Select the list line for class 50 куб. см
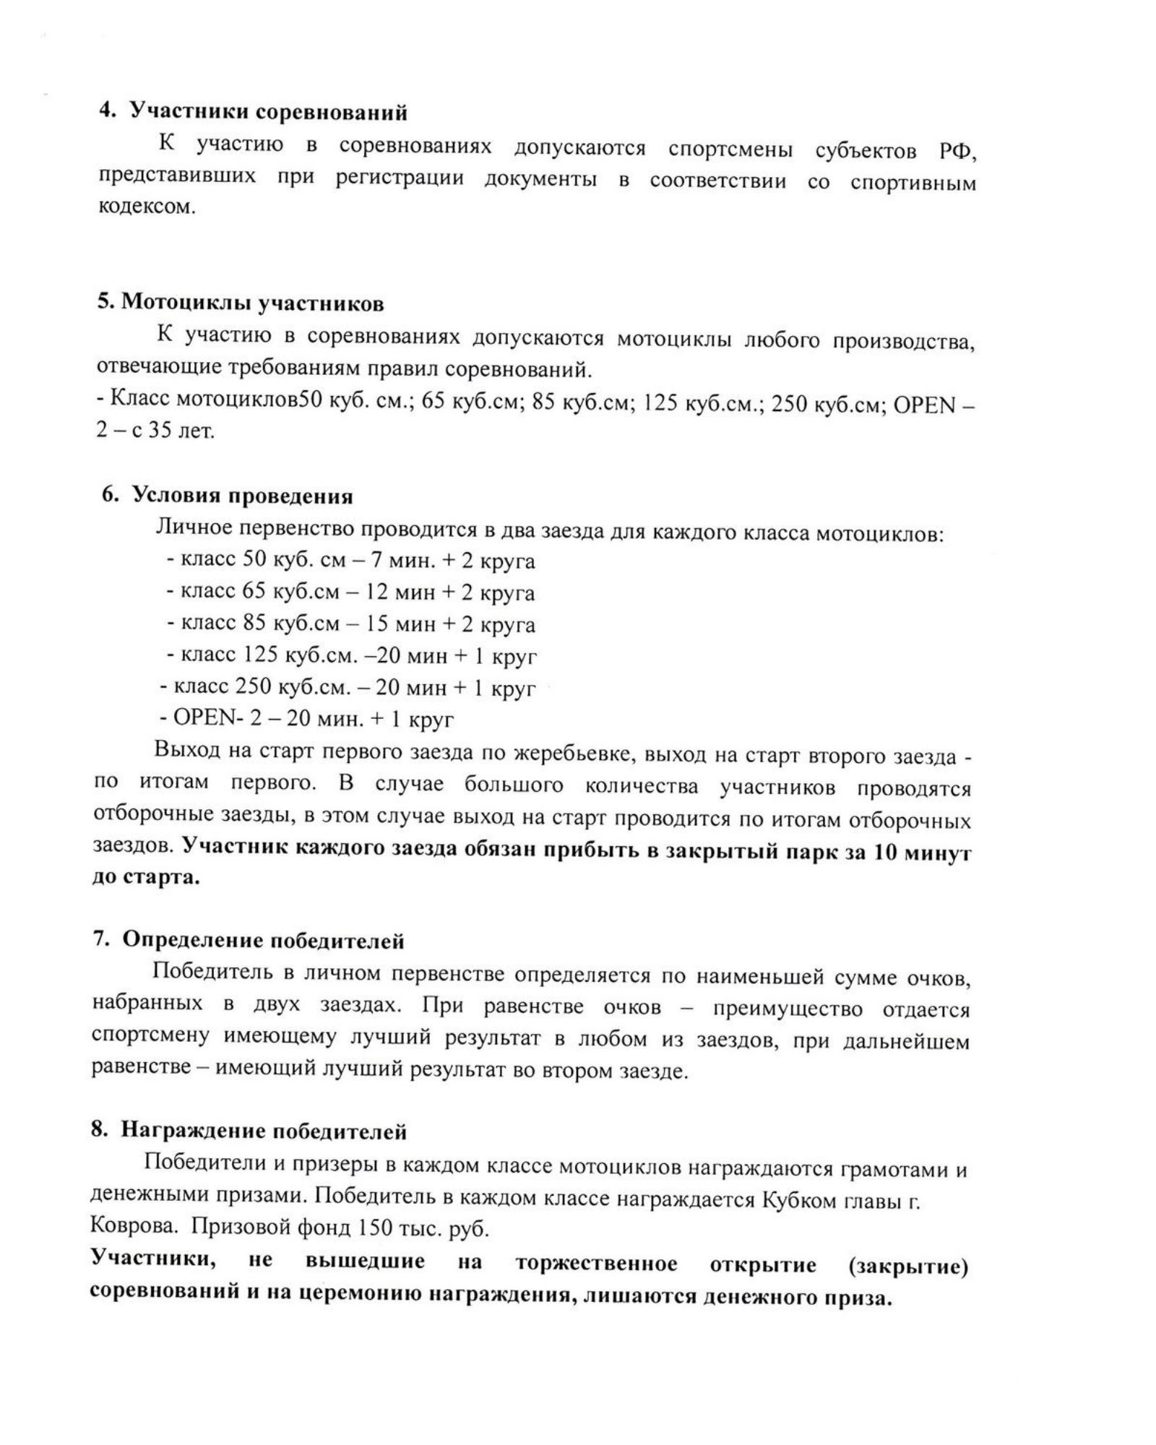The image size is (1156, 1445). [x=350, y=561]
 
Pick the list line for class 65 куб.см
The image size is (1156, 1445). [x=350, y=592]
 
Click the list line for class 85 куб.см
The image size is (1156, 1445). [x=350, y=624]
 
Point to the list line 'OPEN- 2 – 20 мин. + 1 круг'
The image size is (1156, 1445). [x=306, y=719]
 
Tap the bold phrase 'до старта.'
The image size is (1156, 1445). [x=145, y=879]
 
